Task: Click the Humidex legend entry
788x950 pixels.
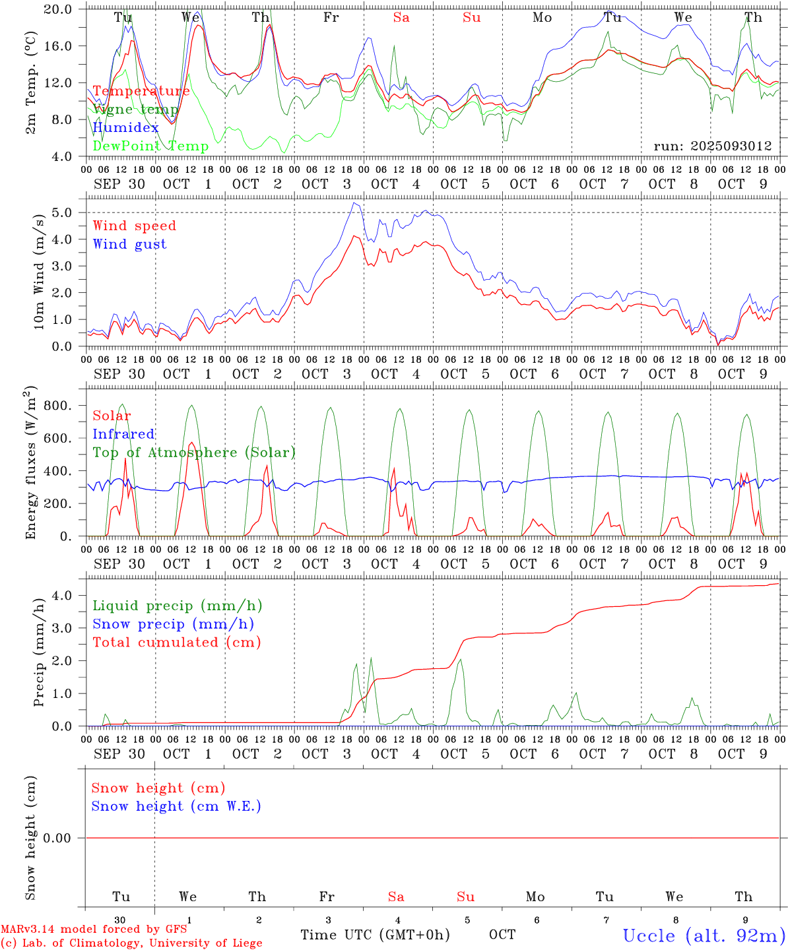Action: point(126,128)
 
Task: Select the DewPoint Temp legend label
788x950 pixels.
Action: point(150,146)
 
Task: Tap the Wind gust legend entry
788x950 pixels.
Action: point(129,244)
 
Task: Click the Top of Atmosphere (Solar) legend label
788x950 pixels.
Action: point(193,453)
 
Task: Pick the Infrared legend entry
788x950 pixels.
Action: point(123,434)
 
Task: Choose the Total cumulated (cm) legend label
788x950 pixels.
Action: point(176,643)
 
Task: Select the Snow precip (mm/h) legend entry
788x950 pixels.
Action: point(173,624)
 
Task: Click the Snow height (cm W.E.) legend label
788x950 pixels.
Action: point(176,806)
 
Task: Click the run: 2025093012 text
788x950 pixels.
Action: point(712,146)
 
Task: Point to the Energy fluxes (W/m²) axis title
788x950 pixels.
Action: point(30,464)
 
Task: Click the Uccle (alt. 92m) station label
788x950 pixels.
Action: point(704,935)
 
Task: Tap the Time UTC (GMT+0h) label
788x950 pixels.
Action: point(375,935)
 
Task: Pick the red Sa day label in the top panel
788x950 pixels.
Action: point(401,18)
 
